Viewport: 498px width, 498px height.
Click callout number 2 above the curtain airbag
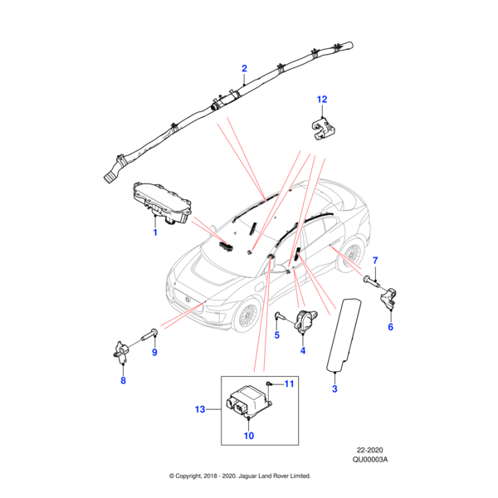point(244,68)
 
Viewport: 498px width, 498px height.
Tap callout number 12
point(323,100)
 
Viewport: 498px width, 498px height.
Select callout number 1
point(154,233)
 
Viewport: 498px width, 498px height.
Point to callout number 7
point(374,261)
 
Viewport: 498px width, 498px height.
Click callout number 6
point(390,327)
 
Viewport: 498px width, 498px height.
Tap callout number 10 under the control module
point(248,436)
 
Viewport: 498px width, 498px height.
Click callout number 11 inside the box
point(290,383)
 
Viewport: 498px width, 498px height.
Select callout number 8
point(123,381)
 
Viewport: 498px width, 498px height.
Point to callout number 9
point(154,354)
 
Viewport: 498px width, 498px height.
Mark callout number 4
point(302,351)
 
